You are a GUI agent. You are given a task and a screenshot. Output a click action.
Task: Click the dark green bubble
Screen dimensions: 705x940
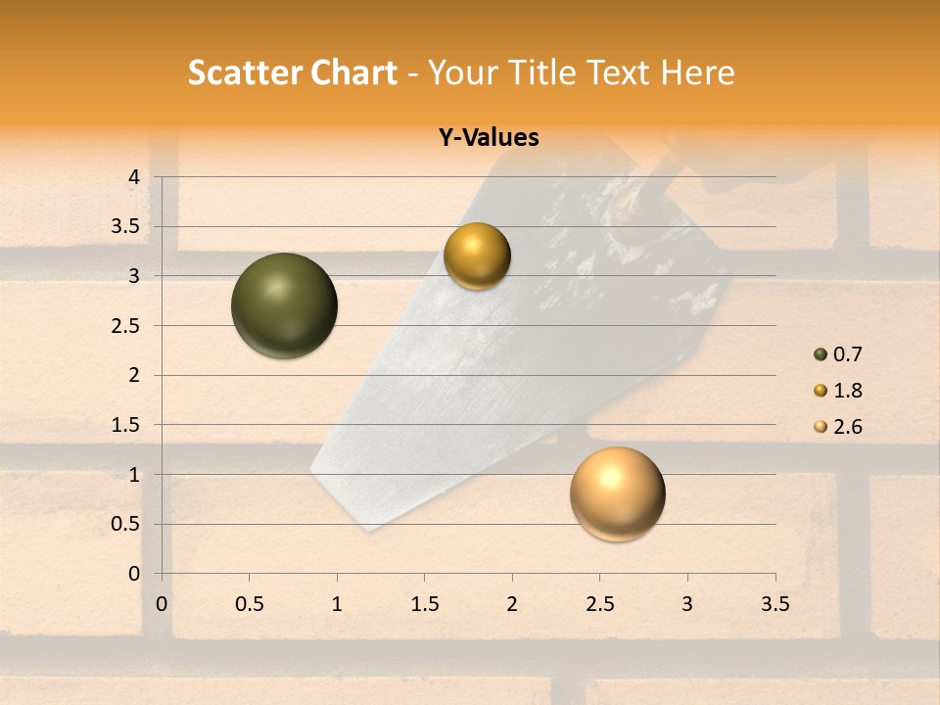284,305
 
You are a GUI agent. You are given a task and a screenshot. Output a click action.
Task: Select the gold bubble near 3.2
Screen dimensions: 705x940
477,257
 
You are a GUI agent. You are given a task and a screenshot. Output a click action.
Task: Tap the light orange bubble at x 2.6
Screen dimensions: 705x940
617,493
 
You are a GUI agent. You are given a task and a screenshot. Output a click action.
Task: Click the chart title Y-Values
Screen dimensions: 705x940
488,138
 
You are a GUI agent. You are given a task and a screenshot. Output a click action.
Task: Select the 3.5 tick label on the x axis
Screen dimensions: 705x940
775,604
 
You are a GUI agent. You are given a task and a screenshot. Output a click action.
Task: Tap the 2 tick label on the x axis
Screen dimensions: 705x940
512,604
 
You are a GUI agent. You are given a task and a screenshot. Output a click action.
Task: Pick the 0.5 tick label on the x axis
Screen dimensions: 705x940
250,604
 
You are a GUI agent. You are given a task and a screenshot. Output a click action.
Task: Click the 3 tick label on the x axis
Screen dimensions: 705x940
687,604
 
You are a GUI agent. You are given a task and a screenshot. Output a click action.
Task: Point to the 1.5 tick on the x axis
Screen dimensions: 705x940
425,604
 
